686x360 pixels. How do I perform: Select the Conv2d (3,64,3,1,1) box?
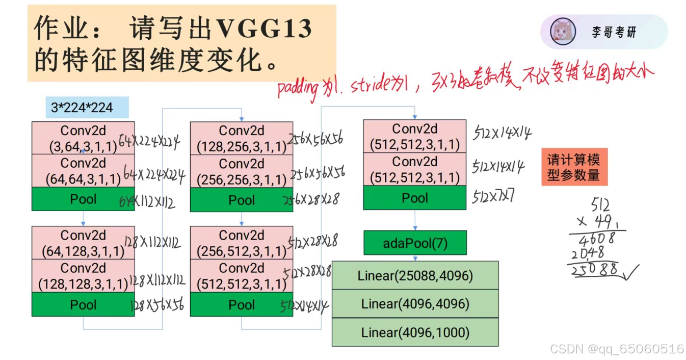pyautogui.click(x=83, y=138)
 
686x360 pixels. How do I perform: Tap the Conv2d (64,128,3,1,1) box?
pyautogui.click(x=83, y=243)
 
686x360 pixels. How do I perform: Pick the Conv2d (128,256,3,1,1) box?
pyautogui.click(x=242, y=139)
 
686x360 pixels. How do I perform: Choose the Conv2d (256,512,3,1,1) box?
pyautogui.click(x=242, y=243)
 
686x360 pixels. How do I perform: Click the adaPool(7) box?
pyautogui.click(x=415, y=243)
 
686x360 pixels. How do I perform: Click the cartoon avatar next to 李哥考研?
pyautogui.click(x=563, y=32)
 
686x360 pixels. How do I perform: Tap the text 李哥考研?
pyautogui.click(x=614, y=32)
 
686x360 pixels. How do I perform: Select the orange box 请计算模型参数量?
pyautogui.click(x=574, y=167)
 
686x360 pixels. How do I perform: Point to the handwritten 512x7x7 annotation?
pyautogui.click(x=492, y=196)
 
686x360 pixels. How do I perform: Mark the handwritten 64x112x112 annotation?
pyautogui.click(x=148, y=202)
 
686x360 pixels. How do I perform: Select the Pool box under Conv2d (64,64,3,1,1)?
pyautogui.click(x=83, y=199)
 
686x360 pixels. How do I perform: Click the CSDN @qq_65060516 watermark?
pyautogui.click(x=617, y=349)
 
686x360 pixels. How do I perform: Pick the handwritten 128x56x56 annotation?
pyautogui.click(x=157, y=305)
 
